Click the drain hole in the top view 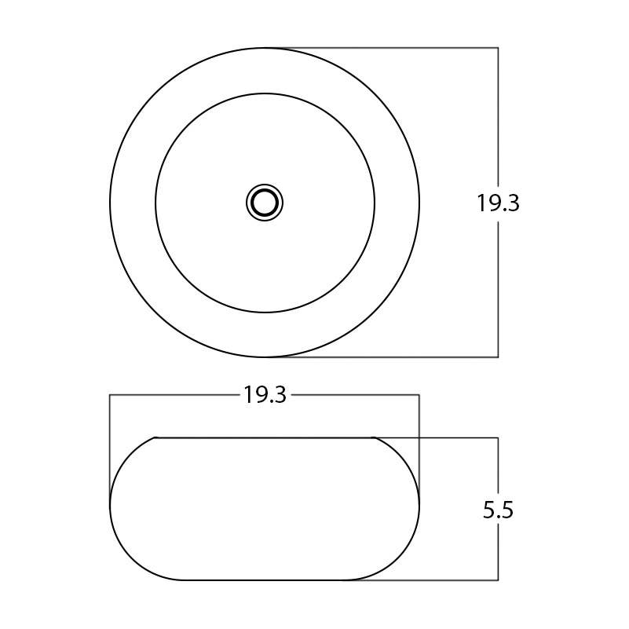pos(265,203)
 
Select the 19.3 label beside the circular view pos(498,203)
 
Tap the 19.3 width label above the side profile pos(265,395)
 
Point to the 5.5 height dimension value pos(498,510)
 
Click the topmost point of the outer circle pos(265,48)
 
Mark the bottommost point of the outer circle pos(265,357)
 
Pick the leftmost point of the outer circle pos(110,203)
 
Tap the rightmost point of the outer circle pos(419,203)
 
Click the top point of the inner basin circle pos(265,93)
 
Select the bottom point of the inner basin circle pos(265,313)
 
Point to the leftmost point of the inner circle pos(155,203)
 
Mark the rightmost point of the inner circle pos(375,203)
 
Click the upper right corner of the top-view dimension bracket pos(498,48)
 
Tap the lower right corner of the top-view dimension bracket pos(498,357)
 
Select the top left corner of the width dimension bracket pos(110,395)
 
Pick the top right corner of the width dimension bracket pos(419,395)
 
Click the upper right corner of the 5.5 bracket pos(498,437)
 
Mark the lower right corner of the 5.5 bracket pos(498,580)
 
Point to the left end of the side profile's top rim pos(155,437)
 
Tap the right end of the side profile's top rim pos(373,437)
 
